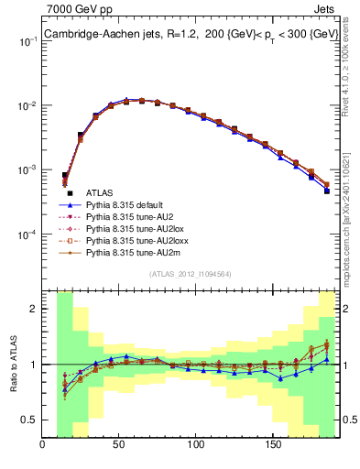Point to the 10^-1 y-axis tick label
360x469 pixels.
(x=27, y=42)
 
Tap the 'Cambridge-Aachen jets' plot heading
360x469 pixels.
(x=101, y=35)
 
